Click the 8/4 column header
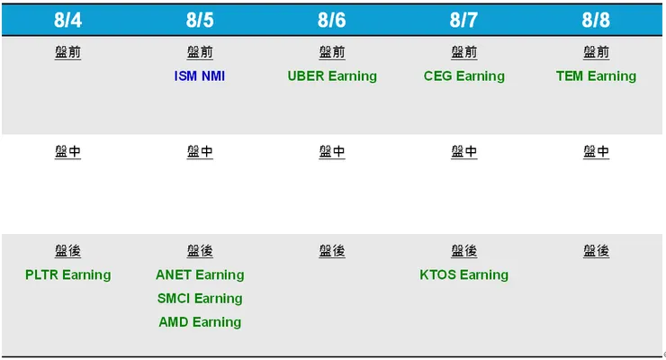(x=67, y=19)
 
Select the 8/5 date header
(x=200, y=19)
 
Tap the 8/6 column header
(x=332, y=19)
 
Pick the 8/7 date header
(x=464, y=19)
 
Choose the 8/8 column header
(x=596, y=19)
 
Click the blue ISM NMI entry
(x=200, y=76)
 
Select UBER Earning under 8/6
(x=332, y=76)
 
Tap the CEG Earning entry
(x=464, y=76)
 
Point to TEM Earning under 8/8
(x=596, y=76)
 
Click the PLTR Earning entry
(x=67, y=274)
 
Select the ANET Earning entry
(x=200, y=274)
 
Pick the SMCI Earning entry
(x=200, y=298)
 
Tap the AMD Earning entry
(x=200, y=321)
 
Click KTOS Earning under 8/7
(x=464, y=274)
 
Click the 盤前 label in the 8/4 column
(x=67, y=52)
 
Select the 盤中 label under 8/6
(x=332, y=151)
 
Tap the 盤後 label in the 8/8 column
(x=596, y=251)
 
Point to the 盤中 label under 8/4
(x=67, y=151)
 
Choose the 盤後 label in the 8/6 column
(x=332, y=251)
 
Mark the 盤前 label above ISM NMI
(x=200, y=52)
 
